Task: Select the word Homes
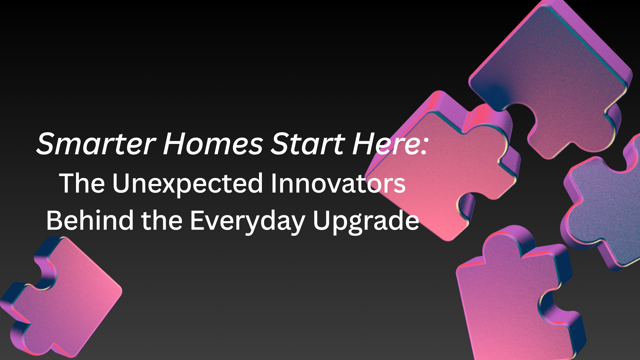213,143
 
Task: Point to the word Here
385,143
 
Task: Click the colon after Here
423,147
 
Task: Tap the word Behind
90,220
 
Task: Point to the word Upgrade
366,222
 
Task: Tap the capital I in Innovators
273,183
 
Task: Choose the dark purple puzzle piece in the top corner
549,74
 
